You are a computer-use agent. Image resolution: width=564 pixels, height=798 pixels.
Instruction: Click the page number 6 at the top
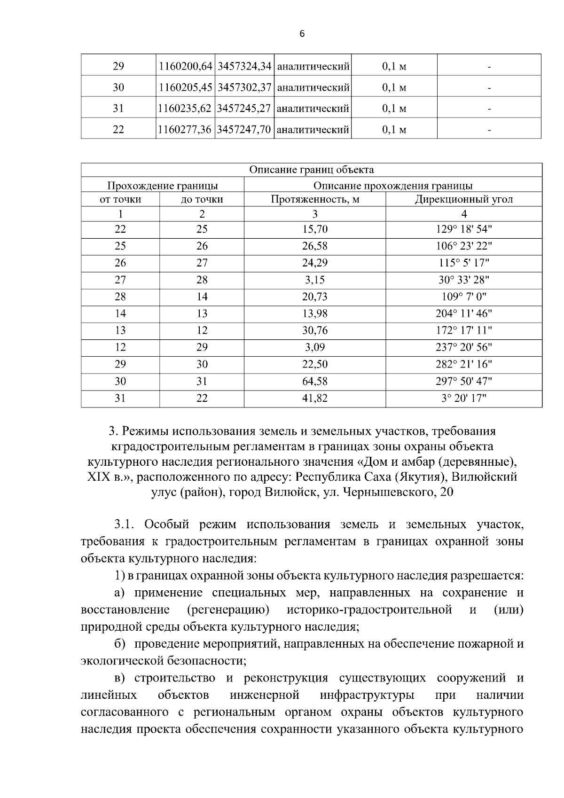(302, 34)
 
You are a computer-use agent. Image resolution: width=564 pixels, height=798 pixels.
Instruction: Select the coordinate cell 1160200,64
(185, 67)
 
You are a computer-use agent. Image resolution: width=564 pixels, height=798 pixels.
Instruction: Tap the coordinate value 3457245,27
(244, 109)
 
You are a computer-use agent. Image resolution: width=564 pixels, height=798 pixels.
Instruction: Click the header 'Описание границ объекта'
(311, 170)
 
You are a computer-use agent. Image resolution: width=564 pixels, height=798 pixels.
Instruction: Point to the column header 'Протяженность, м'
(315, 199)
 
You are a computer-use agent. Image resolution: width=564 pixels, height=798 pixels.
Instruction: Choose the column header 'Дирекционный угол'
(463, 199)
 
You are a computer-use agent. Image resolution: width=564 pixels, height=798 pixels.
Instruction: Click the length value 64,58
(315, 381)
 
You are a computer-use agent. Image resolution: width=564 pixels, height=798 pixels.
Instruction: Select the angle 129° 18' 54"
(463, 229)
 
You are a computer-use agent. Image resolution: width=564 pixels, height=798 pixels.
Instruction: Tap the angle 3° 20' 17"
(463, 398)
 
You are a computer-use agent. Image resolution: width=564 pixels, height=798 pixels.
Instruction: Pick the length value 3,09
(315, 347)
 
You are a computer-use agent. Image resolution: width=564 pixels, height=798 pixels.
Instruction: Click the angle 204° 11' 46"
(463, 313)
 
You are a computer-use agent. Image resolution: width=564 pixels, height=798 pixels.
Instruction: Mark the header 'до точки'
(202, 199)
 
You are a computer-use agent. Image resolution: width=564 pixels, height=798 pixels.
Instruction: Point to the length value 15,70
(315, 229)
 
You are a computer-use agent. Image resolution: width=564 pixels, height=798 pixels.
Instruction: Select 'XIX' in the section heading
(98, 477)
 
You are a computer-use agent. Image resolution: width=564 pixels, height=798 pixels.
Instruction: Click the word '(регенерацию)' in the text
(228, 610)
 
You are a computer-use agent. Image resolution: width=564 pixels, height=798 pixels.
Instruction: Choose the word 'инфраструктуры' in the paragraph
(367, 695)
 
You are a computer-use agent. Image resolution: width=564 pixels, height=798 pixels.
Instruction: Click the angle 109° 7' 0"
(463, 297)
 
